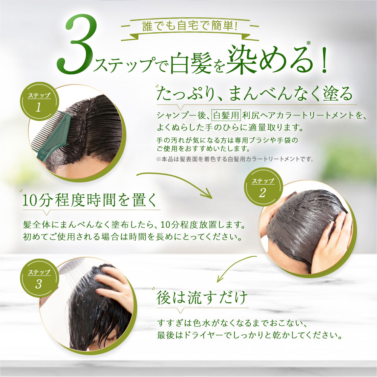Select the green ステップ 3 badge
(38, 279)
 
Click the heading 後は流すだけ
(202, 298)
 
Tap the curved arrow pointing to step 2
(177, 183)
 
